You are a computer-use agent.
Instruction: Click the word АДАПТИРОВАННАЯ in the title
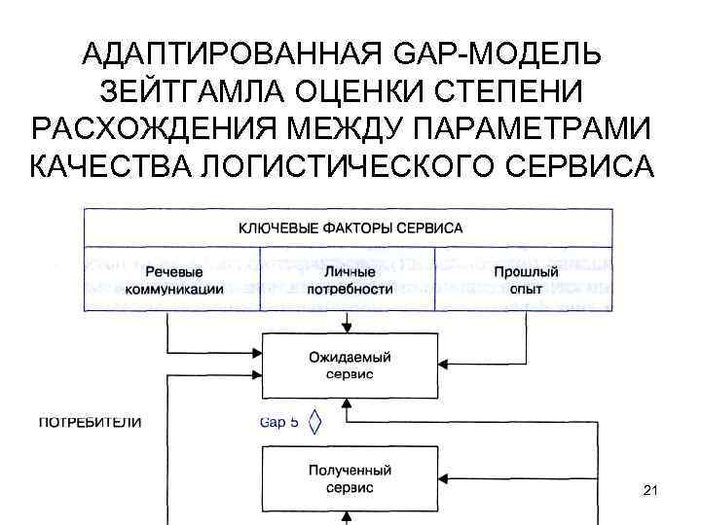point(236,54)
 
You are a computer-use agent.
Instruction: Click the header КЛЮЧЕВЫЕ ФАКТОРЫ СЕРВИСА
point(350,228)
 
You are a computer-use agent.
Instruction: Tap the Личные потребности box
point(349,280)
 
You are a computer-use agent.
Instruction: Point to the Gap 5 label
point(281,423)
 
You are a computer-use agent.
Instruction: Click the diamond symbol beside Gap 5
point(314,423)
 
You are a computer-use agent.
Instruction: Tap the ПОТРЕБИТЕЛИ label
point(90,422)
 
